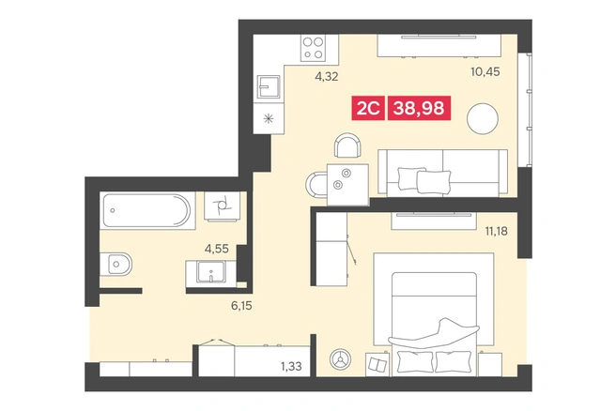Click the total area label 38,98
pos(419,108)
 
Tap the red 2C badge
pos(368,108)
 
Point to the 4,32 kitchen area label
pos(326,77)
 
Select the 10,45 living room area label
pos(485,72)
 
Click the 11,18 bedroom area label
pos(496,231)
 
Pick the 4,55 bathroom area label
pos(217,249)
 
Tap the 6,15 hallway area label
pos(241,305)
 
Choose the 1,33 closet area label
pos(291,366)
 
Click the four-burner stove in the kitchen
pos(314,48)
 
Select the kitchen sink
pos(269,86)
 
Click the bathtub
pos(147,210)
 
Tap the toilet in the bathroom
pos(115,265)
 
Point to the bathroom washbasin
pos(211,271)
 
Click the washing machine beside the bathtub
pos(222,205)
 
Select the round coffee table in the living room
pos(483,119)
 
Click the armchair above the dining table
pos(347,145)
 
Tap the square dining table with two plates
pos(347,185)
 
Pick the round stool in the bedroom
pos(341,358)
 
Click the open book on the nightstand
pos(377,365)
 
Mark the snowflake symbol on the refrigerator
pos(269,118)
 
